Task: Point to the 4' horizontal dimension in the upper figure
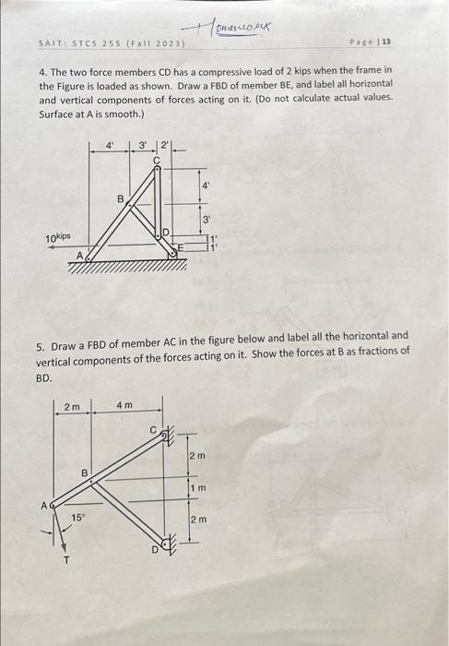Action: tap(111, 146)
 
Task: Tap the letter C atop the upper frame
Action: tap(157, 159)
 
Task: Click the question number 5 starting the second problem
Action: tap(40, 336)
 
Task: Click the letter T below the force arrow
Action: tap(65, 556)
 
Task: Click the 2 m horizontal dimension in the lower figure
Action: tap(71, 406)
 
